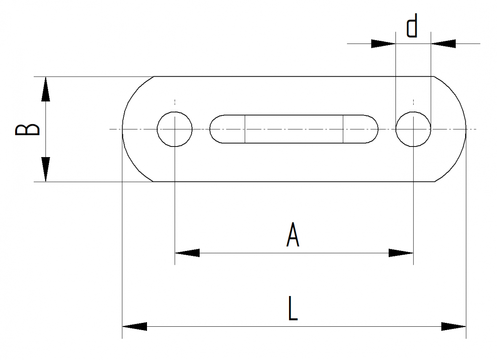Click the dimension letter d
tap(412, 25)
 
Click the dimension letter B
tap(27, 130)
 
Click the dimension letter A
tap(293, 235)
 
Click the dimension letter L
tap(293, 308)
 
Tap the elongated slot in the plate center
tap(294, 115)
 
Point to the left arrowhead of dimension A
tap(187, 253)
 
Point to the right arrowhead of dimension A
tap(401, 253)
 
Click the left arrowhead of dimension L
tap(135, 326)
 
